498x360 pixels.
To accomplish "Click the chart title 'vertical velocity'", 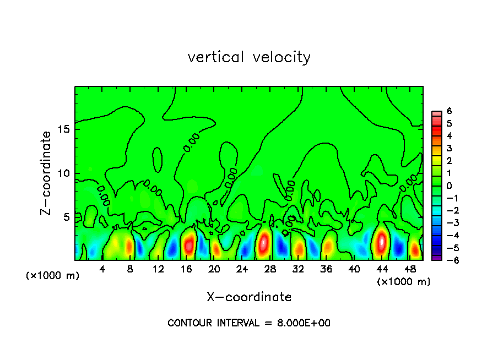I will click(x=249, y=57).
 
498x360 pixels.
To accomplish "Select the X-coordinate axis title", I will click(x=249, y=297).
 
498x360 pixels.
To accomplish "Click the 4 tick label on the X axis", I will click(x=102, y=269).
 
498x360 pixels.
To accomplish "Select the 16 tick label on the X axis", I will click(x=186, y=269).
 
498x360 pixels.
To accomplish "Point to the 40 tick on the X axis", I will click(x=354, y=269).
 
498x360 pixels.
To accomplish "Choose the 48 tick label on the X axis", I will click(x=410, y=269).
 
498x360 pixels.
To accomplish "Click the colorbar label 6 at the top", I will click(x=449, y=111).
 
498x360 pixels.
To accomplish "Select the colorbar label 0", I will click(x=449, y=186).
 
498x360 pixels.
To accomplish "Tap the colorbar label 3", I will click(x=449, y=148).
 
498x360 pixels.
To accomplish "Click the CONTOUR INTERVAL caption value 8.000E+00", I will click(x=304, y=323).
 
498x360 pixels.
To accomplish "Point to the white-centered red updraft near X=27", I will click(x=264, y=242).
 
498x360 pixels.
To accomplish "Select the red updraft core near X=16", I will click(x=188, y=244).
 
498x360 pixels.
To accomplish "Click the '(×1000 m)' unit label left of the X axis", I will click(x=53, y=276).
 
